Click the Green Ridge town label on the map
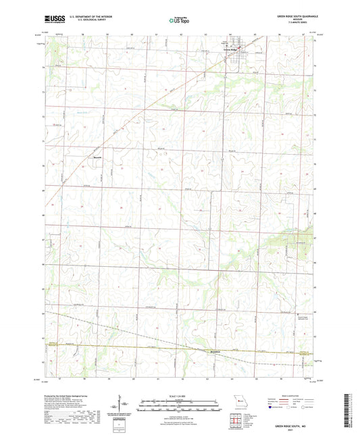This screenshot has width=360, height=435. [231, 51]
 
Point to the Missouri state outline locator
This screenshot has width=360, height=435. [236, 399]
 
